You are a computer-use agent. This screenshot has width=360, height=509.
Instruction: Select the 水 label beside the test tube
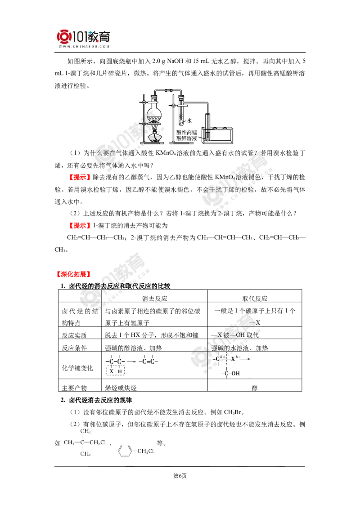point(188,120)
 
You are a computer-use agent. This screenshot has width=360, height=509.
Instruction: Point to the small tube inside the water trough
point(207,135)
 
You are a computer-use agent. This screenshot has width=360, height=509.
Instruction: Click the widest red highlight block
point(72,274)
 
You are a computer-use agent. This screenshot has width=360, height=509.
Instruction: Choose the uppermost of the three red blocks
point(79,178)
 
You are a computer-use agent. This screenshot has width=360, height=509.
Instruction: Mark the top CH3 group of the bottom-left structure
point(85,431)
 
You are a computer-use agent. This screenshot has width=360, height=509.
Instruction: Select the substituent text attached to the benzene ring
point(147,450)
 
